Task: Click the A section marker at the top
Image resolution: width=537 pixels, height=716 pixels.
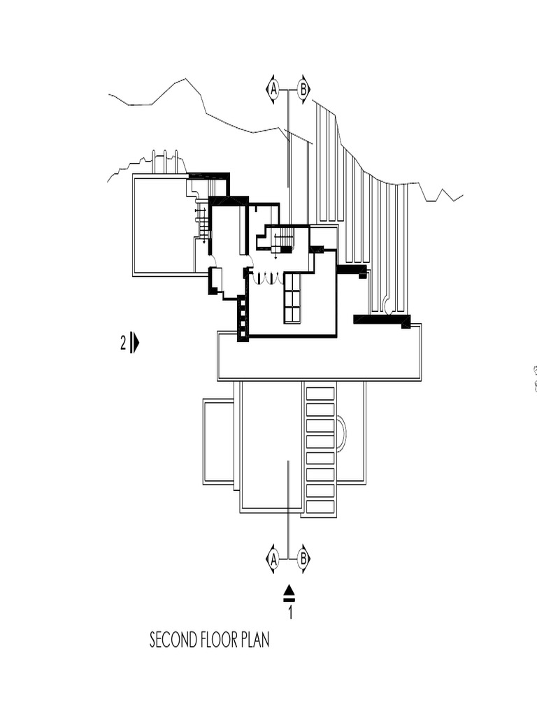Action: pos(273,89)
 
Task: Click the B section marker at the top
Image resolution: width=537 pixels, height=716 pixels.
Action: pos(303,89)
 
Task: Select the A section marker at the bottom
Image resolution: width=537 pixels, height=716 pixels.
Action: pos(273,559)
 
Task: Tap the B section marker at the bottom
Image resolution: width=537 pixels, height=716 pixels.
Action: pos(303,559)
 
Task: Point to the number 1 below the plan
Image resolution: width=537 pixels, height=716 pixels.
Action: pos(289,613)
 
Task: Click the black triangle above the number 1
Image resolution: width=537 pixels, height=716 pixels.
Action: pos(289,591)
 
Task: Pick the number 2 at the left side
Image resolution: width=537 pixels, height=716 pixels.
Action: pos(123,343)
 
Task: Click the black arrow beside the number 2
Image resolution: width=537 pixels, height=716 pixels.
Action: pos(135,343)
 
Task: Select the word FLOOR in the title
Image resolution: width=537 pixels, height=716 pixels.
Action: pos(220,640)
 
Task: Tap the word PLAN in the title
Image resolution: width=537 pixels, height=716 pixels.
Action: pos(256,640)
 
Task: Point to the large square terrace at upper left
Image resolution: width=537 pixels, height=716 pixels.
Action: pos(162,225)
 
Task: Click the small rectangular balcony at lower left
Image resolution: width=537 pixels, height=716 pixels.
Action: pos(218,442)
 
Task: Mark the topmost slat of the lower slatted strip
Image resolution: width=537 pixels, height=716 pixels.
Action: pos(320,393)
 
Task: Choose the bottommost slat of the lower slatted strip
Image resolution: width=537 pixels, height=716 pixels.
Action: pos(320,507)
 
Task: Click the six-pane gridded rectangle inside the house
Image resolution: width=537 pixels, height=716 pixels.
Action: pos(292,298)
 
